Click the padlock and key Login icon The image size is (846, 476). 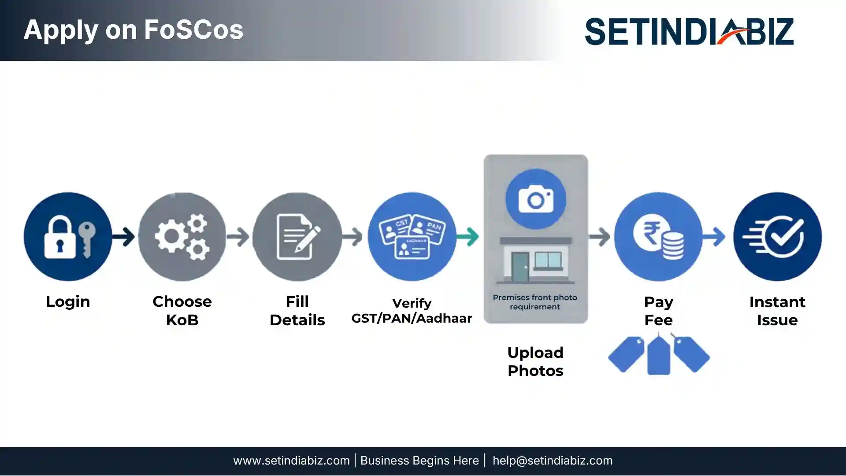[x=68, y=237]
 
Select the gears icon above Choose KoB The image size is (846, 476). [x=182, y=237]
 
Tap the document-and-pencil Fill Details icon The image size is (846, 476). [x=297, y=237]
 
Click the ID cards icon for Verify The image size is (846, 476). [x=412, y=237]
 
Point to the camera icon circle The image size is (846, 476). [x=535, y=199]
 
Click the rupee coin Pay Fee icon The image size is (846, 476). [x=658, y=237]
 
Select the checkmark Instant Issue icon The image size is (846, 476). [x=777, y=237]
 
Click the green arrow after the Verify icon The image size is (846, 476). [x=468, y=237]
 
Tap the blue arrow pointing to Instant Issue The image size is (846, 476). [x=714, y=237]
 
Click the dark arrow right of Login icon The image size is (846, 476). [x=123, y=237]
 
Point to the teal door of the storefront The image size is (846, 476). [x=520, y=267]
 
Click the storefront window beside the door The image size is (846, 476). [x=548, y=260]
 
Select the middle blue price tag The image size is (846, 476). [x=658, y=355]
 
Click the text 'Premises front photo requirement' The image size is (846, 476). [x=535, y=302]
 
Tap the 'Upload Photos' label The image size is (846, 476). [x=535, y=361]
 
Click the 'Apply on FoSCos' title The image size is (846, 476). [x=134, y=30]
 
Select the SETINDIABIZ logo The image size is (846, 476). [x=690, y=31]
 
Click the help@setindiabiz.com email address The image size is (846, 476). [x=553, y=461]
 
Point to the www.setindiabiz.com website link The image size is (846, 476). [x=291, y=461]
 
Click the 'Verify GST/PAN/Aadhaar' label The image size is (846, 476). [x=412, y=311]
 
